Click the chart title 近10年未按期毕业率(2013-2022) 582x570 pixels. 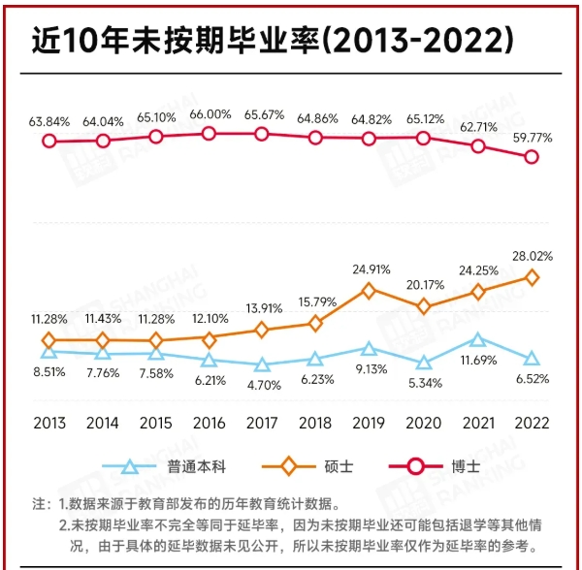coord(272,40)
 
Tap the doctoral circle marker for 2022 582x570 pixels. coord(532,157)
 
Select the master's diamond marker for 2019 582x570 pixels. coord(369,289)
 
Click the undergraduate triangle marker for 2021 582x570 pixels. coord(477,339)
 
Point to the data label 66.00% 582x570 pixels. coord(208,114)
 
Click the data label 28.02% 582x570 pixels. coord(532,256)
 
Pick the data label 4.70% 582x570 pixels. coord(261,384)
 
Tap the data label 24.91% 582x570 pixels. coord(369,269)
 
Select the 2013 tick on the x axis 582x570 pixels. coord(48,424)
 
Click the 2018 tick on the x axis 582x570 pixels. coord(315,424)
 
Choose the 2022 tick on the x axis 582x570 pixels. coord(532,424)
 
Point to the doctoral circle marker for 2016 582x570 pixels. coord(208,133)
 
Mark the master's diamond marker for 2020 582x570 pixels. coord(423,306)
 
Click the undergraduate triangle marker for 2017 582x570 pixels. coord(261,365)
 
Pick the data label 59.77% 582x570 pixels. coord(532,138)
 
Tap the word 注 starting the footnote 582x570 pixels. coord(40,504)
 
